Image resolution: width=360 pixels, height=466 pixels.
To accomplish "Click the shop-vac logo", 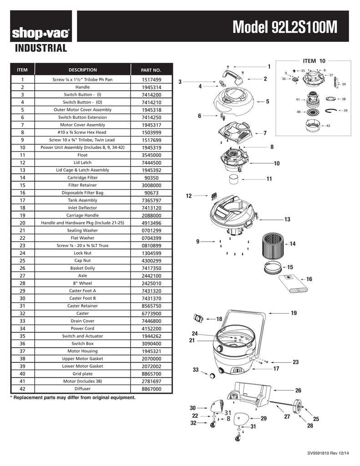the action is (x=41, y=33).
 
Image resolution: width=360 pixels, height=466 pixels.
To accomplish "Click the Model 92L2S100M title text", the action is (x=285, y=27).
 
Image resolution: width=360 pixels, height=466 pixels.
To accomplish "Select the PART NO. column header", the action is (x=151, y=70).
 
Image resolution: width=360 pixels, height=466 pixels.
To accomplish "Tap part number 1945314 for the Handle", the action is (x=151, y=87).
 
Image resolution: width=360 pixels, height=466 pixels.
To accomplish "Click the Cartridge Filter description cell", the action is (x=83, y=178).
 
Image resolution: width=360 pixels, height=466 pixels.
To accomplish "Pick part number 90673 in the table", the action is (x=151, y=193).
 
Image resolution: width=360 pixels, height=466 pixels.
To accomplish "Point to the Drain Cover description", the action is (x=83, y=321).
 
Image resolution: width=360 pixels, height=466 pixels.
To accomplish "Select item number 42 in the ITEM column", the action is (x=22, y=389).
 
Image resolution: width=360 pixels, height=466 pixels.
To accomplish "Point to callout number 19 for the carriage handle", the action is (x=294, y=313).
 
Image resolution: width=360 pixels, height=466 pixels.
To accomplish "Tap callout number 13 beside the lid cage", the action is (x=287, y=219).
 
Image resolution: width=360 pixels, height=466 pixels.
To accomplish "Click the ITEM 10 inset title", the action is (x=314, y=61).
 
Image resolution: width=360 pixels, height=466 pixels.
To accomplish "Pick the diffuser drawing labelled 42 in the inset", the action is (x=313, y=126).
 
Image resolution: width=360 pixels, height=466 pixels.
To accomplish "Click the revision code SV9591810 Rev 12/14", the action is (x=328, y=453).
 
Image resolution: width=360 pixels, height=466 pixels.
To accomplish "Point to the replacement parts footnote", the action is (x=73, y=398).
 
